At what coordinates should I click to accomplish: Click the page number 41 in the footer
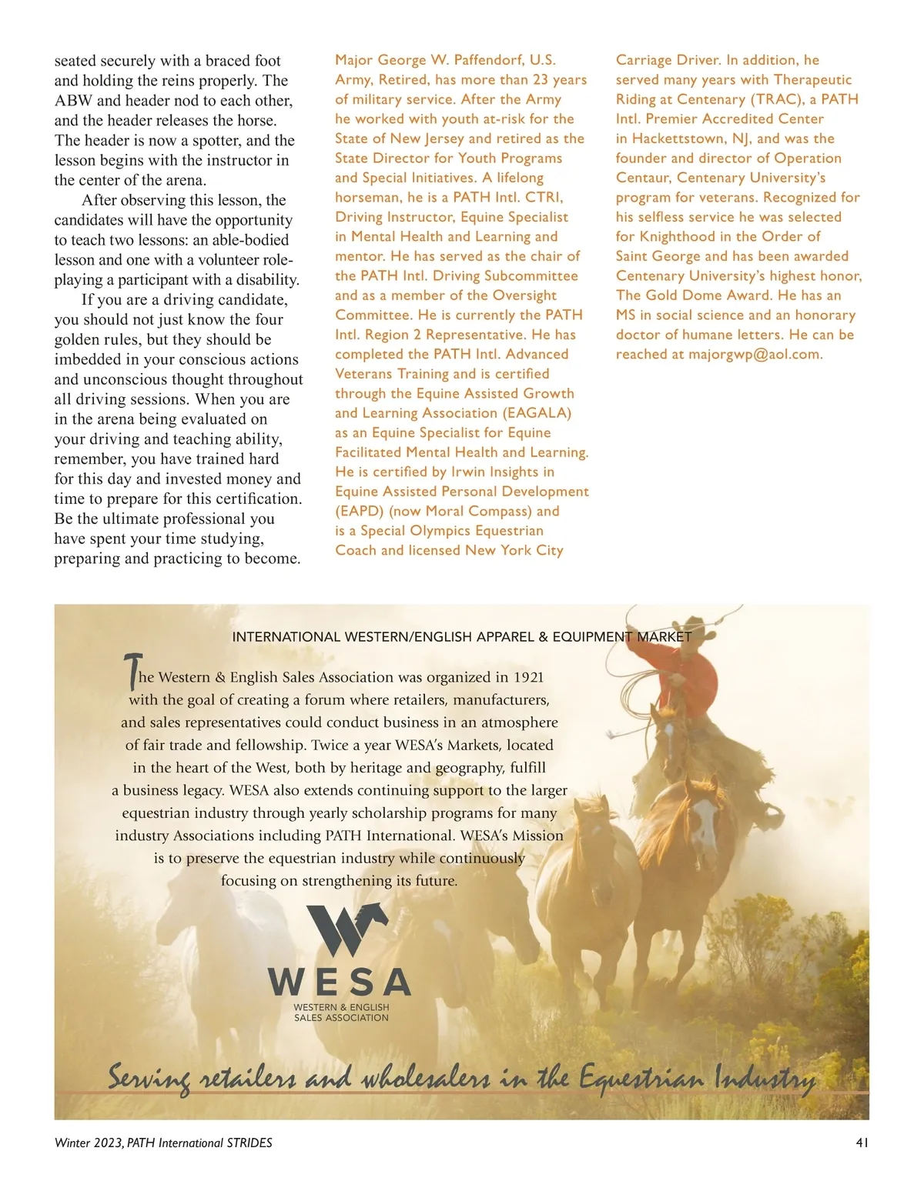pyautogui.click(x=862, y=1143)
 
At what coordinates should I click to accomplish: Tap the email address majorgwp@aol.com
pyautogui.click(x=755, y=355)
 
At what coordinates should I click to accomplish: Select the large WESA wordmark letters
pyautogui.click(x=340, y=982)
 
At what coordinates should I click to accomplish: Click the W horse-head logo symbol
pyautogui.click(x=347, y=928)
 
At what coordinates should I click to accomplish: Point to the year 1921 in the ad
pyautogui.click(x=528, y=678)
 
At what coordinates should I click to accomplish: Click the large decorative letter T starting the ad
pyautogui.click(x=132, y=671)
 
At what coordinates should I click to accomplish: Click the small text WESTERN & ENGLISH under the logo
pyautogui.click(x=341, y=1007)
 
